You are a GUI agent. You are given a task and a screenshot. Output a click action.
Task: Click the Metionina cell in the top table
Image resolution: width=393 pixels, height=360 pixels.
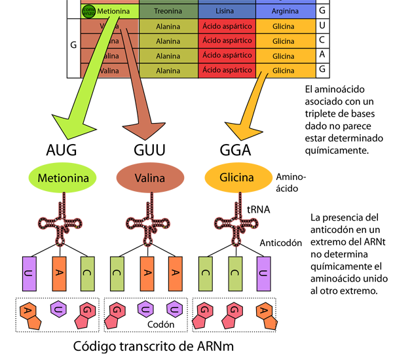[x=115, y=11]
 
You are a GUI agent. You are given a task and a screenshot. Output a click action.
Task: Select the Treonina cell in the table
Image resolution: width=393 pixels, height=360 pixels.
[x=168, y=11]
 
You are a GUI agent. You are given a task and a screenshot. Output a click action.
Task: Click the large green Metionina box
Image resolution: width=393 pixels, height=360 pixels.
[x=64, y=177]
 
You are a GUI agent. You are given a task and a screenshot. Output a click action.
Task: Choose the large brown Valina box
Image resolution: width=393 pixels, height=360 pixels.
[x=149, y=177]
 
